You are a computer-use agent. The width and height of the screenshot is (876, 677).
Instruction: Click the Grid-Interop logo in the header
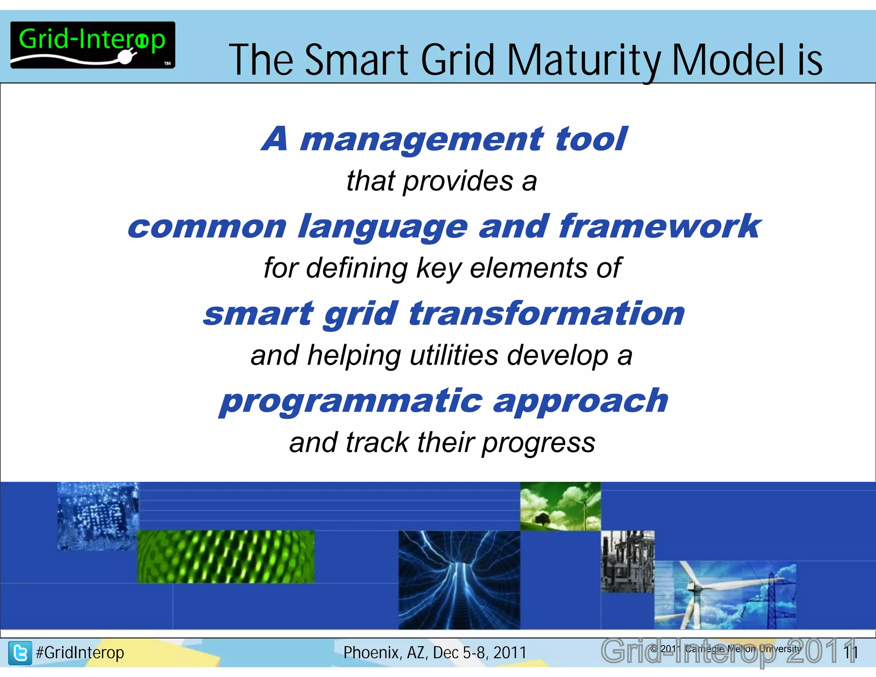[x=92, y=45]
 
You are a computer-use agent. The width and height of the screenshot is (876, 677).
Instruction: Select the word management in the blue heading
[x=421, y=140]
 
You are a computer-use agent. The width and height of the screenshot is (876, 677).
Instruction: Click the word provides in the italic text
[x=458, y=181]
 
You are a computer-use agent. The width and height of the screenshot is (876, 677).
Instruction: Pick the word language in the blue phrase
[x=383, y=227]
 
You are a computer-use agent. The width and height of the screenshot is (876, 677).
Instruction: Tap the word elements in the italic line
[x=529, y=268]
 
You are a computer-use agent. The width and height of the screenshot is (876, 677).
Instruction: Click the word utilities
[x=454, y=356]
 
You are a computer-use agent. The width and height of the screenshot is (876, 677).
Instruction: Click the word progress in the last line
[x=539, y=443]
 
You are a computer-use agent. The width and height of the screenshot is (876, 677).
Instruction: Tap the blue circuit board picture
[x=98, y=516]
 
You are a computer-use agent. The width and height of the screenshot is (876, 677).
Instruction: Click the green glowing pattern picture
[x=225, y=556]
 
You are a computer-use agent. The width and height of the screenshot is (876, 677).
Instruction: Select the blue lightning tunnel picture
[x=459, y=579]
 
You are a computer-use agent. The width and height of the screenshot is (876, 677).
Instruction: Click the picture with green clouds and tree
[x=560, y=506]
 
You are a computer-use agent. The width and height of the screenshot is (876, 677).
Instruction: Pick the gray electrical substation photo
[x=627, y=561]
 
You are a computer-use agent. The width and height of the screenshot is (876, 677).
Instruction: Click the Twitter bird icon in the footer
[x=20, y=653]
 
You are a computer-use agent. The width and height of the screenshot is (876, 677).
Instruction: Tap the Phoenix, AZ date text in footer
[x=435, y=653]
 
